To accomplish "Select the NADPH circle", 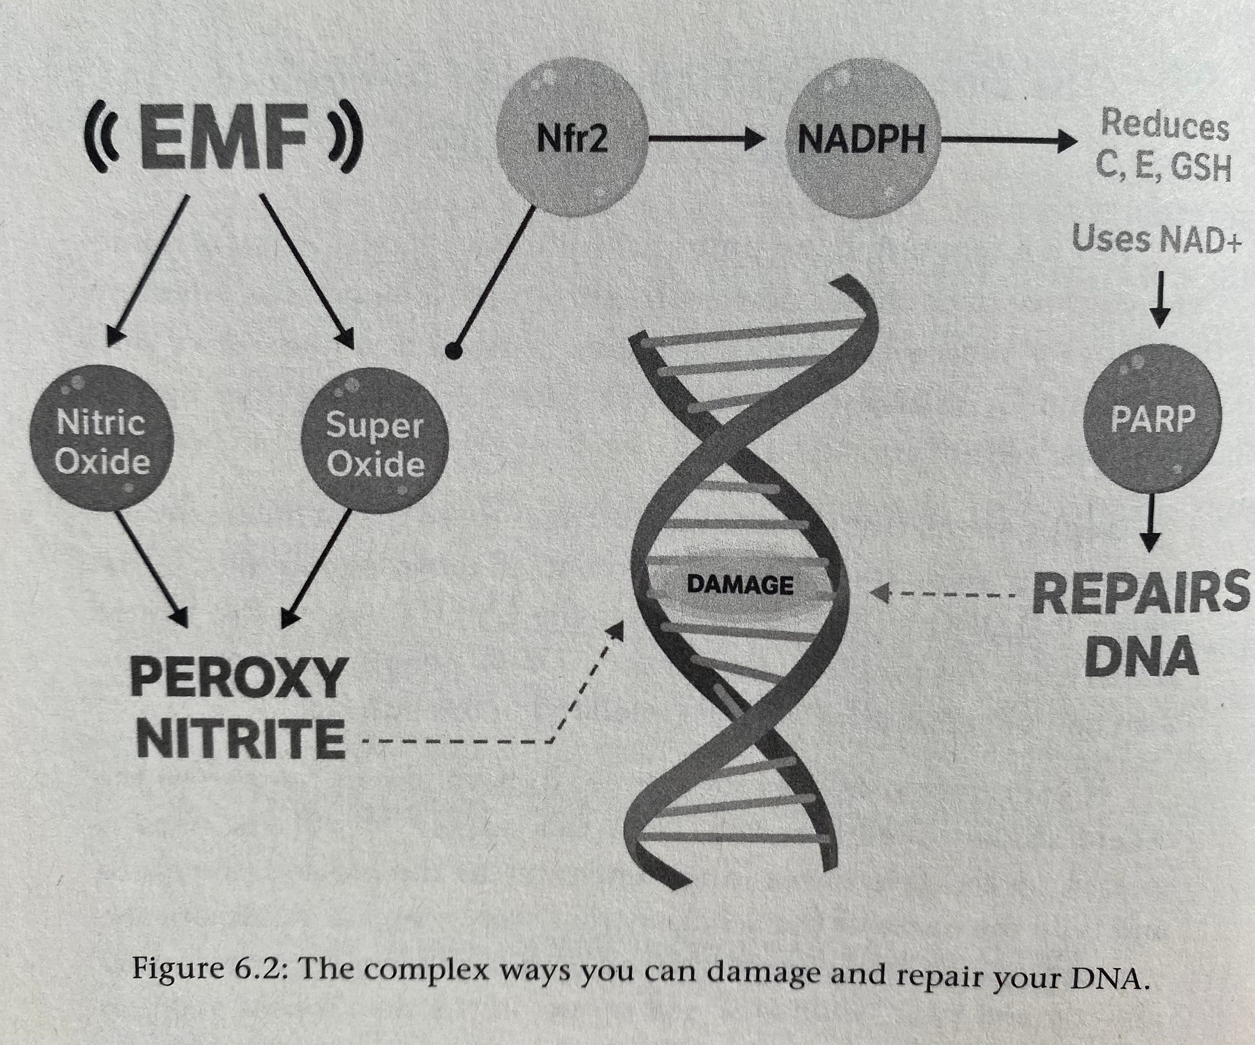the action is coord(860,139).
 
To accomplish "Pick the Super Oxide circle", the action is coord(375,442).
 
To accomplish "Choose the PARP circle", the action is coord(1151,420).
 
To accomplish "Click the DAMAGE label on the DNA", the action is coord(741,584).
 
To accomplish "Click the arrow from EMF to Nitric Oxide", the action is coord(148,269).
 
